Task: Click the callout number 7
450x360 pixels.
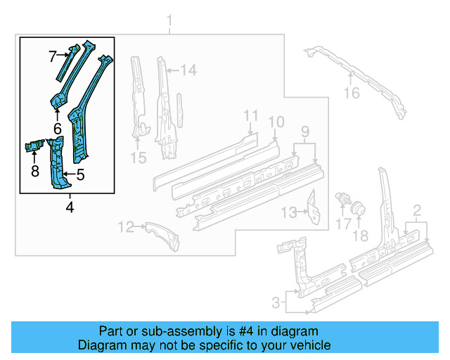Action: tap(53, 56)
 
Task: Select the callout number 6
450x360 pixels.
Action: tap(58, 129)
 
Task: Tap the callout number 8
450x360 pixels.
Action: tap(35, 171)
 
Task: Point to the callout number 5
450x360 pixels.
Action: tap(80, 174)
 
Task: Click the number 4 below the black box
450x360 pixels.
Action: tap(70, 207)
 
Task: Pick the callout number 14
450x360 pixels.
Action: tap(188, 70)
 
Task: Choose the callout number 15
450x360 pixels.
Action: tap(139, 157)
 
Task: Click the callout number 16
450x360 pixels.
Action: tap(352, 93)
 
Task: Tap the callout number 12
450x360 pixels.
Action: tap(126, 227)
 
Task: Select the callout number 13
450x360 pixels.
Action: tap(288, 213)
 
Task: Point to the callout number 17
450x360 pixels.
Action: tap(343, 224)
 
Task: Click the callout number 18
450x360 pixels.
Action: tap(360, 236)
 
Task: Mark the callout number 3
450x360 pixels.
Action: tap(276, 302)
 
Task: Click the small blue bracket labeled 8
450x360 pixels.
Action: tap(34, 146)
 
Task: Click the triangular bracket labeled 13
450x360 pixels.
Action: tap(314, 207)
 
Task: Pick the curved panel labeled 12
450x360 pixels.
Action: tap(162, 236)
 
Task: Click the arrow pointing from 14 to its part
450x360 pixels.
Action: tap(173, 70)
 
